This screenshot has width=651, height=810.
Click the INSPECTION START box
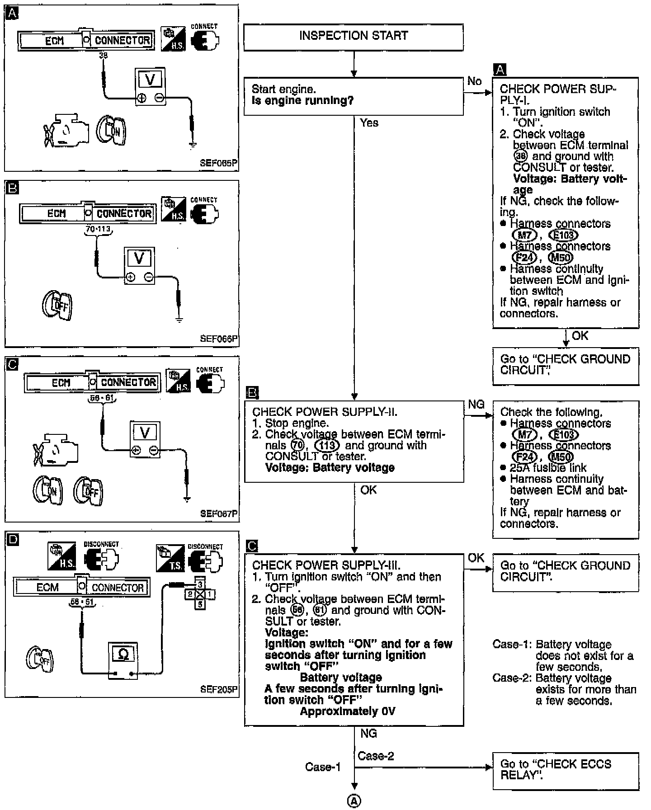[x=353, y=37]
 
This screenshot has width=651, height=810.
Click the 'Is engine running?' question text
[x=302, y=100]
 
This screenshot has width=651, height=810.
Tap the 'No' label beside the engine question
[x=474, y=81]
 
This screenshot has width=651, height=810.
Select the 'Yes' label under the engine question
[x=369, y=123]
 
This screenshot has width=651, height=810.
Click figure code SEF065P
[x=218, y=163]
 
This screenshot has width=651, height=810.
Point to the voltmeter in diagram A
[x=150, y=87]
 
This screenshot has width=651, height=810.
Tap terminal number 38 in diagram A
[x=104, y=56]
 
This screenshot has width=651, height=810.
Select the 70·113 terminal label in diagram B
[x=98, y=229]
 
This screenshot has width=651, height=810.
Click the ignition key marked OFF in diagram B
[x=58, y=305]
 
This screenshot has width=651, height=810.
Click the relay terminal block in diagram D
[x=199, y=593]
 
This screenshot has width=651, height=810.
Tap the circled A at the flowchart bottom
[x=354, y=801]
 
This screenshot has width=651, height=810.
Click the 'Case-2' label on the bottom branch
[x=375, y=756]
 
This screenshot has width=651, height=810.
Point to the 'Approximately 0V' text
[x=347, y=711]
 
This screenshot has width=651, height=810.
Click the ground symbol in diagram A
[x=193, y=145]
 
